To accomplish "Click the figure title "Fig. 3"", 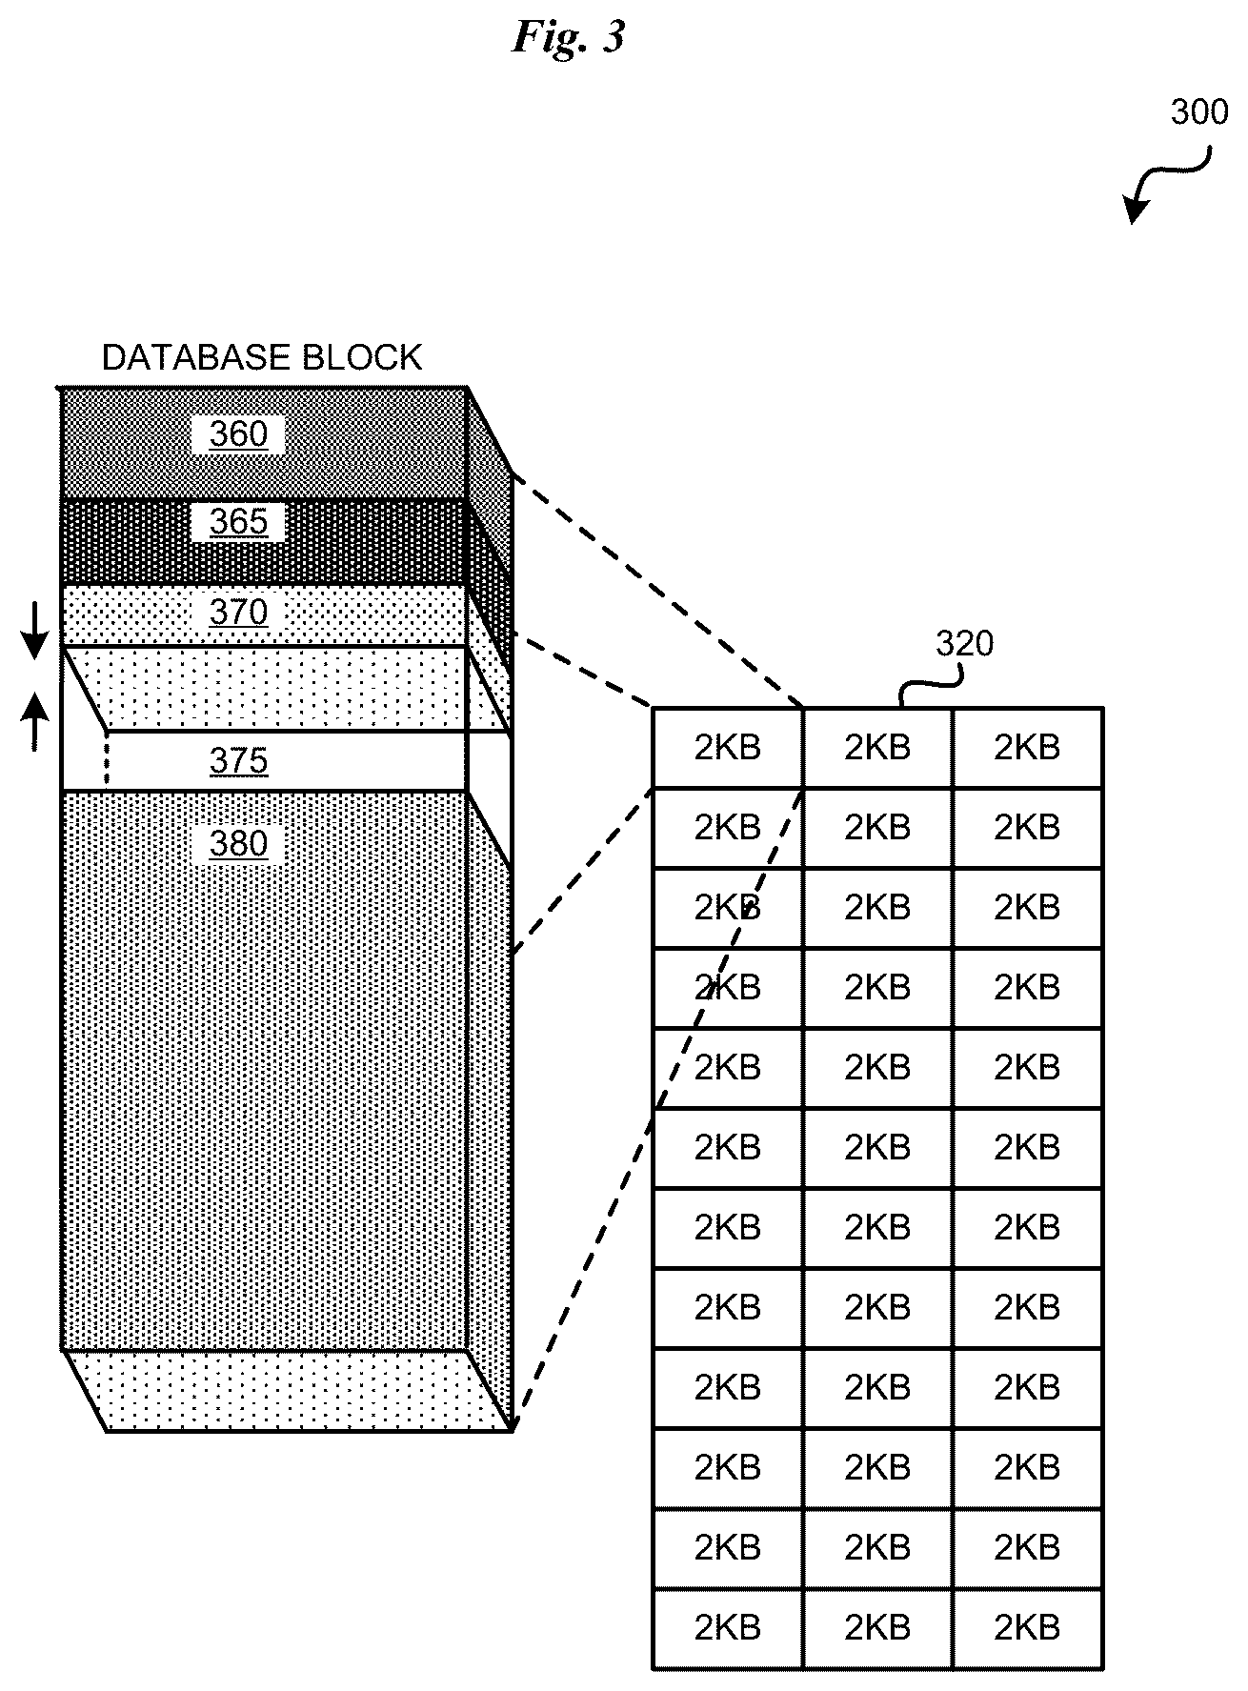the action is (569, 36).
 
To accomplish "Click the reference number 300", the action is (1199, 112).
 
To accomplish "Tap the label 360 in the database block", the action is (238, 434).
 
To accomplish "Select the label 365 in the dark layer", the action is (238, 522).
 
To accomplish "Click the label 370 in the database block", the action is (238, 612).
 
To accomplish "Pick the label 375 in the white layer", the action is (238, 761).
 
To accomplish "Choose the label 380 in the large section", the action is (238, 844).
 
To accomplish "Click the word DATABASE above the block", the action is (196, 358).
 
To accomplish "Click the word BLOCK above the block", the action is (362, 358).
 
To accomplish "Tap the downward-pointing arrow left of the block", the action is (34, 632).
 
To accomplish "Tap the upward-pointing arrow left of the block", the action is (34, 721).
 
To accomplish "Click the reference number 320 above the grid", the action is (964, 644).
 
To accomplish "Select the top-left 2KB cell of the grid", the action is (728, 748).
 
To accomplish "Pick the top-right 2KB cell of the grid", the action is (1028, 748).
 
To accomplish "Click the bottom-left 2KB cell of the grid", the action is (728, 1628).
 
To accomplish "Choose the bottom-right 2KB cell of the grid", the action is (1028, 1628).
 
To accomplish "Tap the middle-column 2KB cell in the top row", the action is (877, 748).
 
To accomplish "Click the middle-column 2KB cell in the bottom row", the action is (877, 1628).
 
